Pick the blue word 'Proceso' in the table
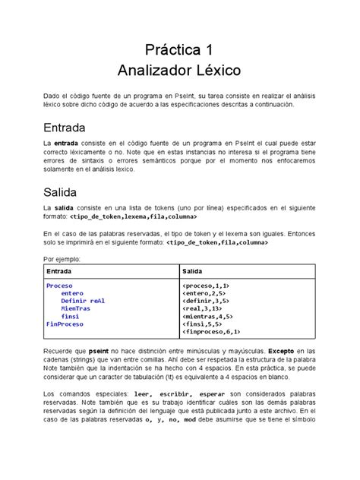tap(60, 285)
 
